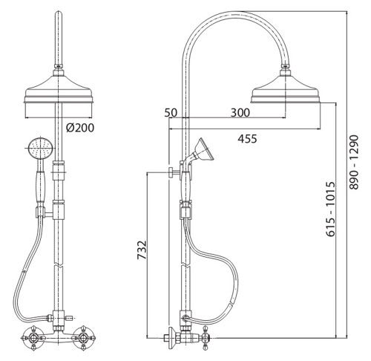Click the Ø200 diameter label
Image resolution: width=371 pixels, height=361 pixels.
coord(80,128)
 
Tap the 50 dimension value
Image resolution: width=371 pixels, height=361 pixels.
coord(171,113)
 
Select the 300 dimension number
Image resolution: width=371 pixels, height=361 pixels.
coord(240,113)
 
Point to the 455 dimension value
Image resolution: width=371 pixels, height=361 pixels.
coord(247,139)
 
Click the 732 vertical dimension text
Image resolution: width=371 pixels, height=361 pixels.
coord(142,250)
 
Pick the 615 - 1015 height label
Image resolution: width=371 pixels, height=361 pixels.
coord(330,209)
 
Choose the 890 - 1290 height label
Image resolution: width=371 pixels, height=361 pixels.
coord(353,162)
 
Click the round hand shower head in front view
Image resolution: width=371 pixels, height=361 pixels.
coord(41,149)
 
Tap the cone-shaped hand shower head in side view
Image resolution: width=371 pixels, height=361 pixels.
coord(203,149)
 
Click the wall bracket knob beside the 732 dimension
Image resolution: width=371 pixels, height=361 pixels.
coord(171,172)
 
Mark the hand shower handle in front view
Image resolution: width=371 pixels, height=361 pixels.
coord(40,186)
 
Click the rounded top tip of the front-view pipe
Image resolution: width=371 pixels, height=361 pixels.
coord(59,13)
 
